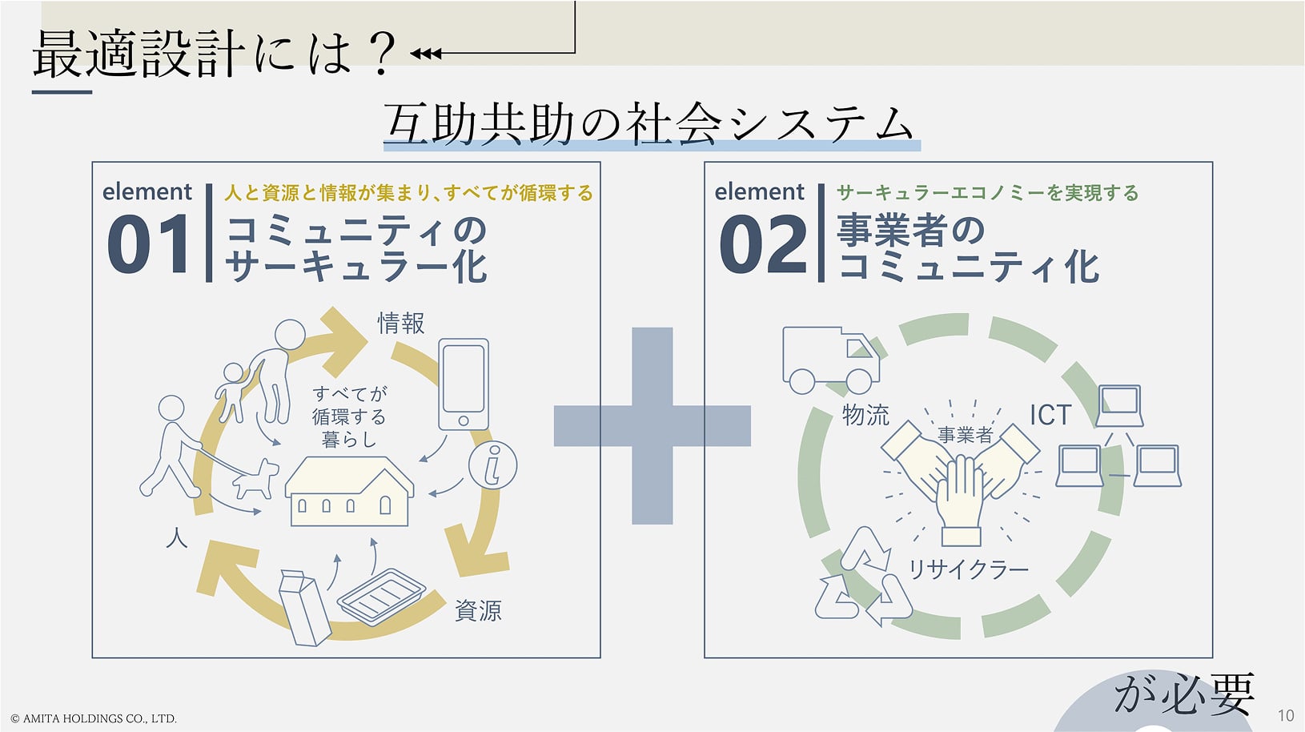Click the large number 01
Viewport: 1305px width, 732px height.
click(149, 243)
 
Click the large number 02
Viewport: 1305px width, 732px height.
click(763, 243)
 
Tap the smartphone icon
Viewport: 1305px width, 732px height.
click(464, 384)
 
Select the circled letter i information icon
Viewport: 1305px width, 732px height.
click(493, 465)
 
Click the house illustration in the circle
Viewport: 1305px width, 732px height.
click(349, 492)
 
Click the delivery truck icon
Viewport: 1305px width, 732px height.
click(831, 360)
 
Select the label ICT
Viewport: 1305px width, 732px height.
click(1050, 415)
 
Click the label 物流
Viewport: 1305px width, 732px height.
click(865, 415)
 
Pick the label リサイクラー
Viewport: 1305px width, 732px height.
click(968, 569)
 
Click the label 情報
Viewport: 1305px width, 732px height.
click(401, 323)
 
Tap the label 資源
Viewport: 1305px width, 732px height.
click(478, 611)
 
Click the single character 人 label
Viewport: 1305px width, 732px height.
click(176, 538)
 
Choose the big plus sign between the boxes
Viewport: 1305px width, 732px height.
click(652, 426)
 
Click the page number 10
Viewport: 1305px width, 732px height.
click(1286, 716)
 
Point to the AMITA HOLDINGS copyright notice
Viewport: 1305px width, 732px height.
click(94, 718)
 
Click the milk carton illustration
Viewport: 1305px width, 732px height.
click(305, 608)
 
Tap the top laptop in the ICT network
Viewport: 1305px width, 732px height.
click(1119, 405)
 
